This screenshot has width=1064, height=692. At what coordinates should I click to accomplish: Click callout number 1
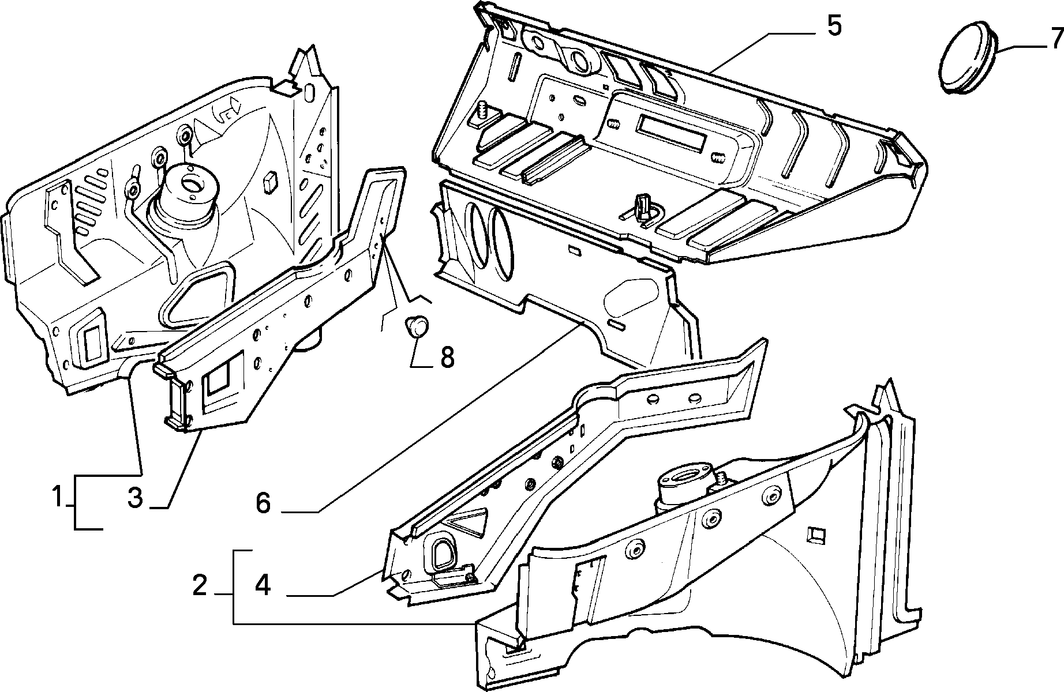(57, 497)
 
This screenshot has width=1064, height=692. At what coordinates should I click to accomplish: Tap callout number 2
(200, 586)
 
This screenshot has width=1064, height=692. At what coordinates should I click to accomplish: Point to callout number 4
(263, 586)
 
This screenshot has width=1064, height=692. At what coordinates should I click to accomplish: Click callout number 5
(834, 27)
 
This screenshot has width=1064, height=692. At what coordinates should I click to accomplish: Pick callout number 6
(263, 503)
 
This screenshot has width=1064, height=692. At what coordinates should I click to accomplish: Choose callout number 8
(447, 358)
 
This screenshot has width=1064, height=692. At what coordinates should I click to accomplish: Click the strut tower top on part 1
(189, 185)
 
